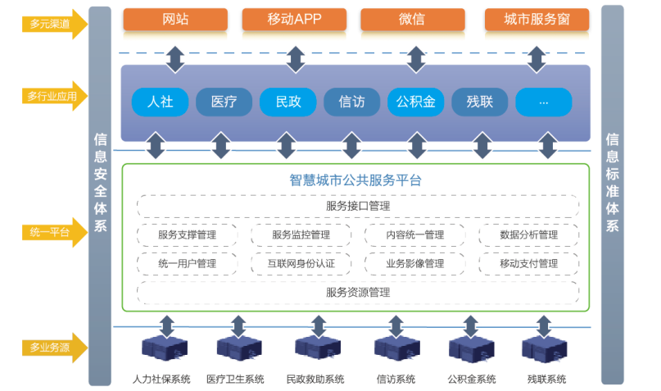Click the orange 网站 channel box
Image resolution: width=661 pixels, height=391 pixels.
click(175, 19)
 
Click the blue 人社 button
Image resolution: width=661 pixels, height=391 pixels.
click(160, 102)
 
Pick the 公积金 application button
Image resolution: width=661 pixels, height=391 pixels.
click(415, 102)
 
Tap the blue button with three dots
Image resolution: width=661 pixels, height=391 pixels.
click(543, 102)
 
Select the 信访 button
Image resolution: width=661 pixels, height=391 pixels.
click(351, 102)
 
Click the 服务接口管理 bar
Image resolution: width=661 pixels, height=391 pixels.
click(358, 206)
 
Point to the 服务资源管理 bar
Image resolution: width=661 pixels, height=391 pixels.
click(358, 292)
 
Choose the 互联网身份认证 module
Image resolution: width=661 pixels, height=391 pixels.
click(301, 263)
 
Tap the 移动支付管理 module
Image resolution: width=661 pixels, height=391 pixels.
click(528, 263)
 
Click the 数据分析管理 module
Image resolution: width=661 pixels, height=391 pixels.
click(528, 235)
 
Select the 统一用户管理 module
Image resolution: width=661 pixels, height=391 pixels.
click(188, 263)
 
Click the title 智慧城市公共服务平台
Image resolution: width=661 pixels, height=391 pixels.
click(355, 180)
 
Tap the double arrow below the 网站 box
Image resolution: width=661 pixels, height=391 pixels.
click(175, 57)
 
